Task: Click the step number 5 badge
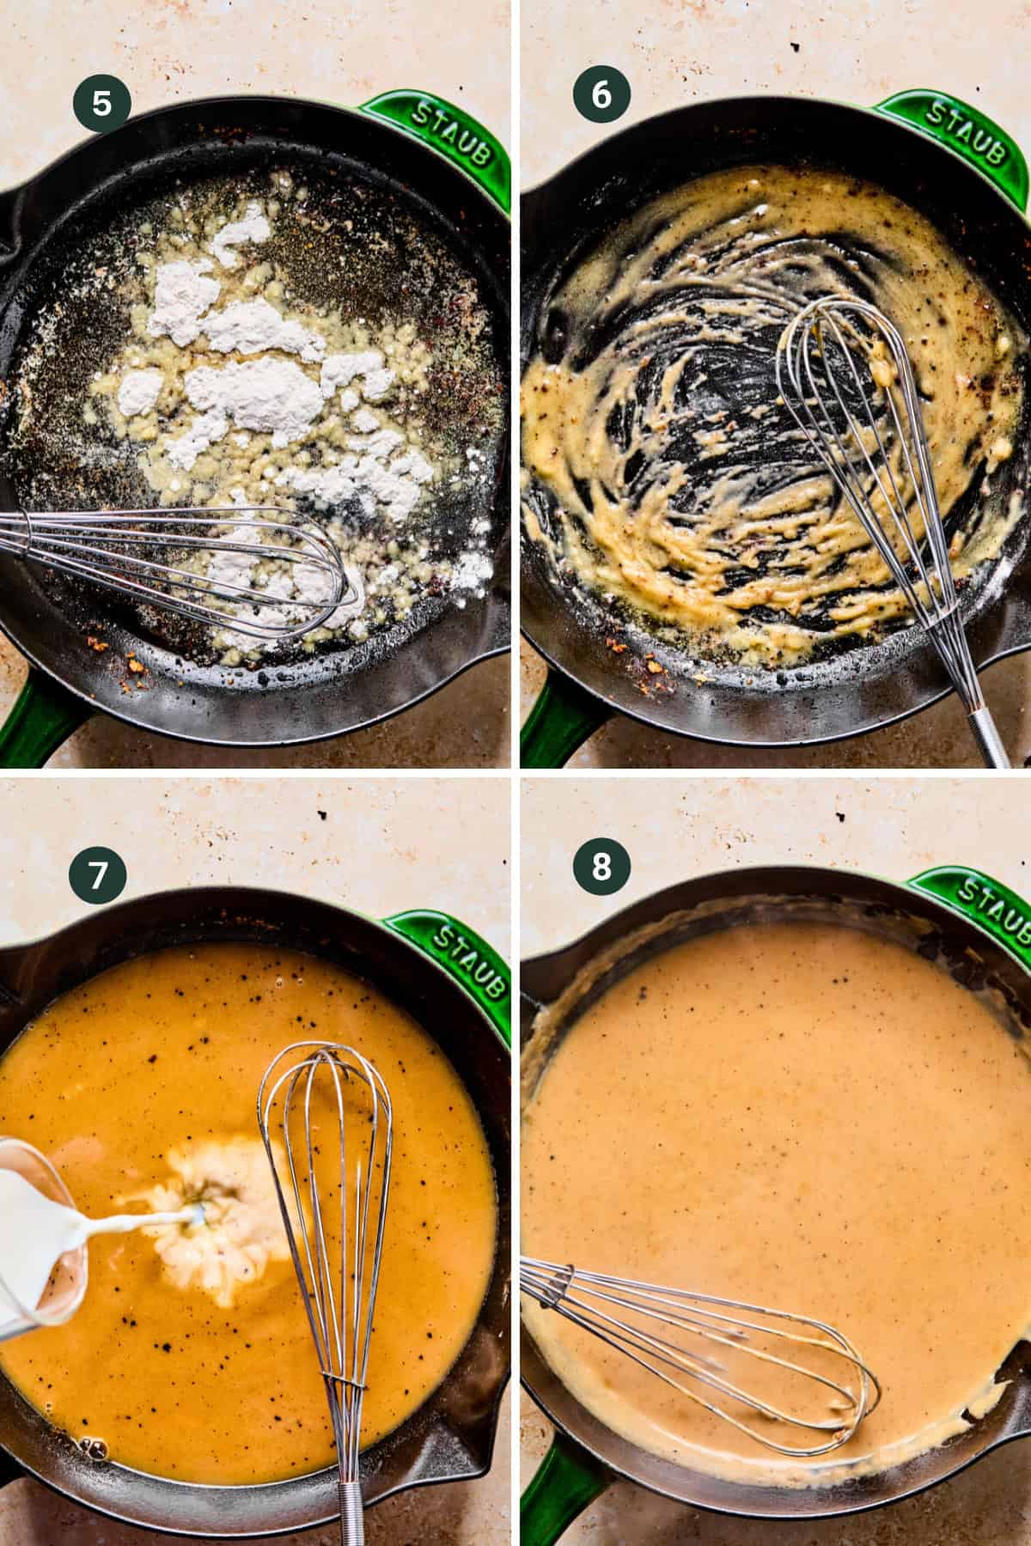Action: point(101,104)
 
